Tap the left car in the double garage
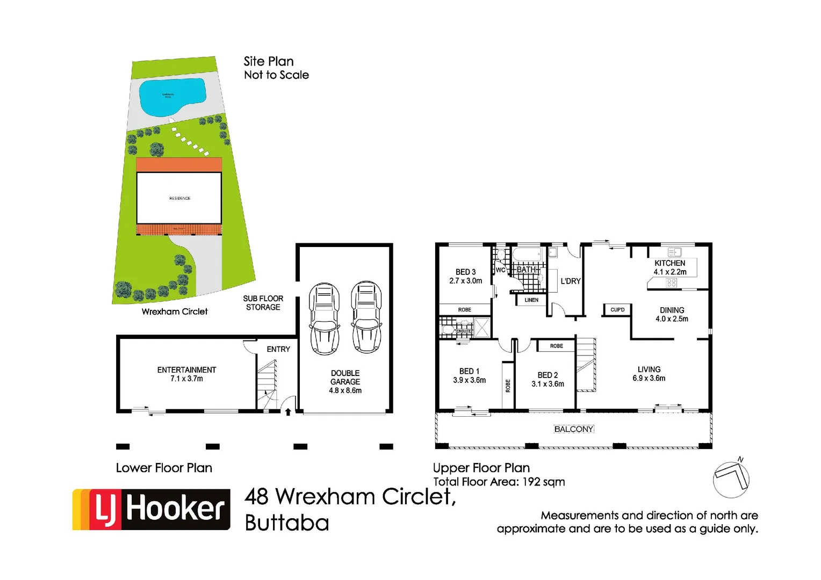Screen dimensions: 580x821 (x=324, y=318)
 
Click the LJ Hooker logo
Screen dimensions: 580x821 (x=152, y=509)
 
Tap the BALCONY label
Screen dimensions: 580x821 (x=573, y=429)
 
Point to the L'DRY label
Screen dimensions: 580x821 (x=571, y=281)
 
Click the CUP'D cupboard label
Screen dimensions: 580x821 (x=617, y=310)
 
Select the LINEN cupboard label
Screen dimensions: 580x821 (x=531, y=300)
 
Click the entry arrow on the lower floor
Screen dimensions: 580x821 (x=288, y=412)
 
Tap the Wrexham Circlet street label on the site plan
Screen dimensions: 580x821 (x=175, y=311)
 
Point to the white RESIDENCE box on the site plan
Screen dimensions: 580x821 (x=179, y=198)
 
